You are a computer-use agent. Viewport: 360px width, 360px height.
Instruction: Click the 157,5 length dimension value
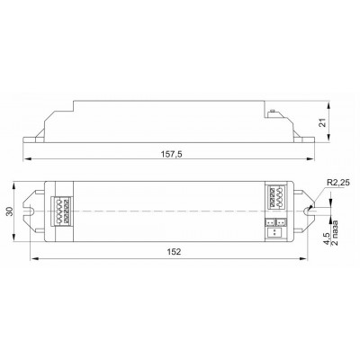pos(172,155)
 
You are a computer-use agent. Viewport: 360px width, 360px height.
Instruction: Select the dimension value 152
pos(174,252)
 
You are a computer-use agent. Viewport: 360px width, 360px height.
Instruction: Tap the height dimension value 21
pos(322,122)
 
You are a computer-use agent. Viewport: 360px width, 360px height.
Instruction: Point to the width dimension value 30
pos(10,211)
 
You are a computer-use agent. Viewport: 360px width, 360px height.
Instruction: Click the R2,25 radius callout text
pos(337,183)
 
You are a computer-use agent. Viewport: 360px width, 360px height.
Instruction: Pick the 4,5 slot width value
pos(327,239)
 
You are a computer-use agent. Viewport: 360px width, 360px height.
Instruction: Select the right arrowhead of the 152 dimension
pos(303,258)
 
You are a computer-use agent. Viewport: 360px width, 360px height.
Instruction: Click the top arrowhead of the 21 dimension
pos(329,106)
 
